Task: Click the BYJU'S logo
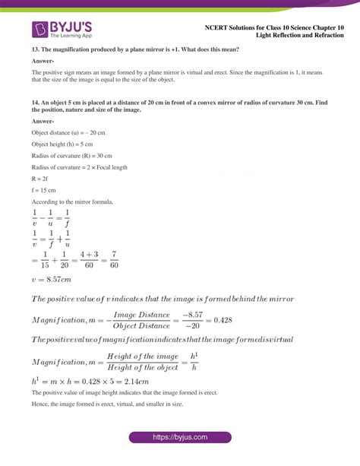[60, 30]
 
